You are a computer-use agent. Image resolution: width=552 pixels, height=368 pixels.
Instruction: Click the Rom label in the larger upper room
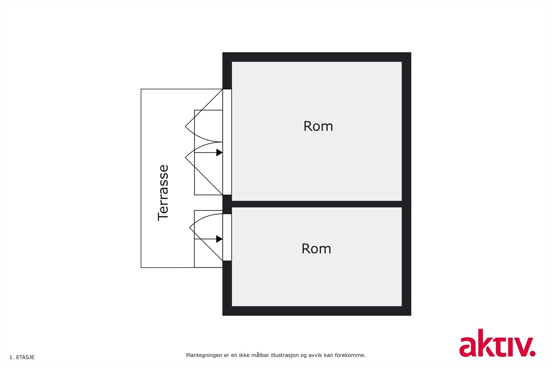(x=318, y=126)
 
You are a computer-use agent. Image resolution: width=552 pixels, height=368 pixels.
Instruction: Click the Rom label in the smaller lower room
(x=316, y=249)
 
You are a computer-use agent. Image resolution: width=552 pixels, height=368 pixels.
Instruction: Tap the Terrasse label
(x=163, y=193)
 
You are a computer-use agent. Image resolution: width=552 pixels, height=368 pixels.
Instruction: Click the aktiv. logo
(x=497, y=343)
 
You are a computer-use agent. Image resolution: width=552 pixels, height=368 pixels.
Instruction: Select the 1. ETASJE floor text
(x=22, y=357)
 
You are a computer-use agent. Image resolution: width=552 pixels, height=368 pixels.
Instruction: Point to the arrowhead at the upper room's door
(x=219, y=152)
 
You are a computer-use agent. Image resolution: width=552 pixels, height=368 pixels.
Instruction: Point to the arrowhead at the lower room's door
(x=219, y=239)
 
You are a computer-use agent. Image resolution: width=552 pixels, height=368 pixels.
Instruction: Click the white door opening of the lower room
(x=227, y=237)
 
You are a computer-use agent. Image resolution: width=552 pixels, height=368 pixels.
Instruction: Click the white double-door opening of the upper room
(x=227, y=142)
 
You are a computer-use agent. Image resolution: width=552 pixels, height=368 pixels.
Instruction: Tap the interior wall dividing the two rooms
(x=317, y=204)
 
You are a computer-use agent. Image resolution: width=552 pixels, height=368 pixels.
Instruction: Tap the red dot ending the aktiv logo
(x=532, y=353)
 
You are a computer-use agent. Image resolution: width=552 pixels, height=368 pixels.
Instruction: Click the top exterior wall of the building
(x=317, y=57)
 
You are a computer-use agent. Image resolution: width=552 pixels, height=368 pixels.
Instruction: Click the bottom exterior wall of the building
(x=317, y=311)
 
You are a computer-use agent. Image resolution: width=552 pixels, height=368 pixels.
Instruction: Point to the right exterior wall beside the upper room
(x=406, y=131)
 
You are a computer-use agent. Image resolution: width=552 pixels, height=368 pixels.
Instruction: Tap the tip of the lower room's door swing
(x=189, y=228)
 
